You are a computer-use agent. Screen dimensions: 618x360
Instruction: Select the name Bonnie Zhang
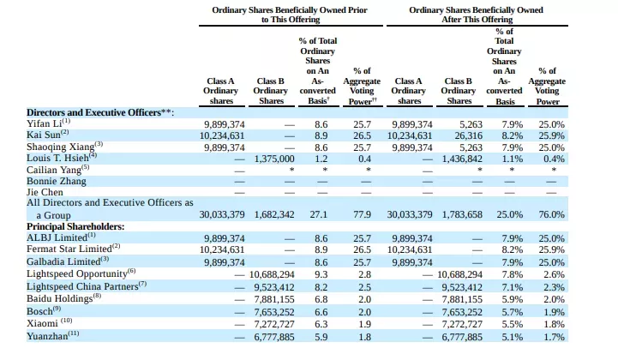coord(57,181)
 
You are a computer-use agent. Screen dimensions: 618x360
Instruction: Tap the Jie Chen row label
coord(45,192)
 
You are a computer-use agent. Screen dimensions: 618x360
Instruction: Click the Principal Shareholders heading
coord(75,227)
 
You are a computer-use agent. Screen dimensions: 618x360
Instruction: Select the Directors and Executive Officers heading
coord(100,113)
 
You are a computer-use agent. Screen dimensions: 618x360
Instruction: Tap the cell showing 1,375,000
coord(274,159)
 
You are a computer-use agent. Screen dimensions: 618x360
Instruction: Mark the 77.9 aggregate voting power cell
coord(363,214)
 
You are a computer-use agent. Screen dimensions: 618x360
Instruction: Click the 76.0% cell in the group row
coord(551,214)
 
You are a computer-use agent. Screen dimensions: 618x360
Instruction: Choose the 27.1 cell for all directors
coord(319,214)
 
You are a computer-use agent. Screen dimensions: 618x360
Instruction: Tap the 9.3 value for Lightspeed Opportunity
coord(321,274)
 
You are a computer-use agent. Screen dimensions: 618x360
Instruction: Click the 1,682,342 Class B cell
coord(274,214)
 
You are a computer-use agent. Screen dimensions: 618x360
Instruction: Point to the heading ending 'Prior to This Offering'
coord(290,15)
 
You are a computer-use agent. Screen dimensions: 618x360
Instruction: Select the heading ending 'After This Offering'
coord(476,15)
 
